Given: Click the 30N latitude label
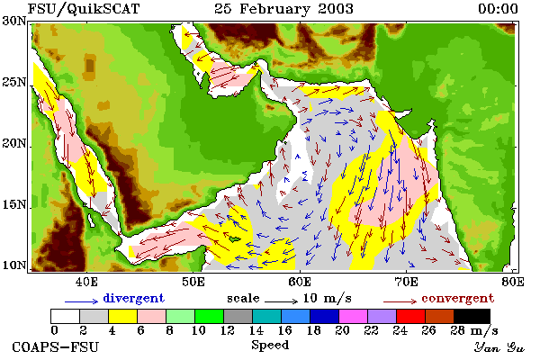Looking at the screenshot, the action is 14,21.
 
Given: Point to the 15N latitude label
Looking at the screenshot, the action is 14,204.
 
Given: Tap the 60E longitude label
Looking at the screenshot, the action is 300,282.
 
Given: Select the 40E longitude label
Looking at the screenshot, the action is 86,282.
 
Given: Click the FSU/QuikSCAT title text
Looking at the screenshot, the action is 84,9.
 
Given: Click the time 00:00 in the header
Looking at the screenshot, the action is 498,9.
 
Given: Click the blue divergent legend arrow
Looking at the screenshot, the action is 82,301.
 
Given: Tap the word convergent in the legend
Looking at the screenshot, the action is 458,298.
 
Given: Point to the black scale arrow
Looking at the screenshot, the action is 281,301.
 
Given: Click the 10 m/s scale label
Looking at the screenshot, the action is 328,298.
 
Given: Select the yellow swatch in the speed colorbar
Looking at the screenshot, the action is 122,316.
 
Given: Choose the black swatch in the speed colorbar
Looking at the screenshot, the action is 472,316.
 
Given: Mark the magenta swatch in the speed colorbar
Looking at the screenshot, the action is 353,316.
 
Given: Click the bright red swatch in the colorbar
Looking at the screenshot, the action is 410,316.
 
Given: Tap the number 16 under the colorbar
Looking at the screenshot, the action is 284,330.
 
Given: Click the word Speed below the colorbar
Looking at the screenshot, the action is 270,346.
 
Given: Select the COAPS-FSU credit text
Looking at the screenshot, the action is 55,346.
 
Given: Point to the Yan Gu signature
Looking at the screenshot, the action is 499,347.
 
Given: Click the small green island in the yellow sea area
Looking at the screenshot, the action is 235,238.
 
